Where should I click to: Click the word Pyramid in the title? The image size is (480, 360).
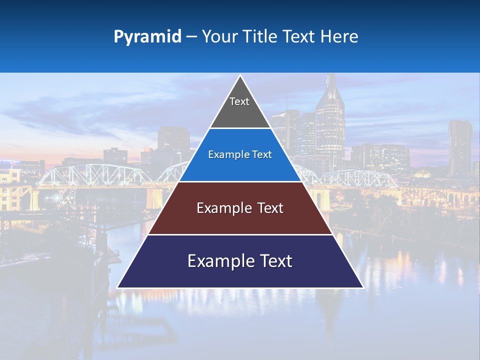tap(147, 37)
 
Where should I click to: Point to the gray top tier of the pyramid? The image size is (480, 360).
tap(240, 112)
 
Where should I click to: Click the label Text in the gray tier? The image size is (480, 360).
tap(239, 101)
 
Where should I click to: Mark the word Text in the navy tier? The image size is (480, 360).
tap(272, 261)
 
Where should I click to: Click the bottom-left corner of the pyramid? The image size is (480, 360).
tap(118, 287)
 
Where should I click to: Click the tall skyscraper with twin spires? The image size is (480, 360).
tap(330, 120)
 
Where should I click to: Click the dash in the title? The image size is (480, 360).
tap(191, 37)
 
